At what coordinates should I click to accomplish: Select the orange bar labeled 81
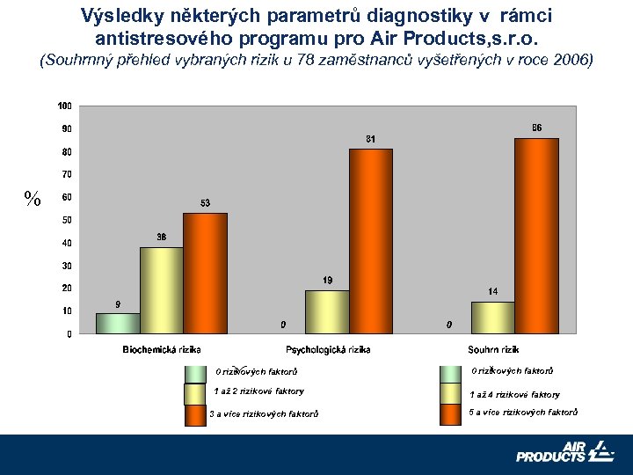(x=370, y=241)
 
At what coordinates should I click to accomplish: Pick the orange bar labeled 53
(x=205, y=273)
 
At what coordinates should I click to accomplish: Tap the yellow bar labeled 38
(x=162, y=290)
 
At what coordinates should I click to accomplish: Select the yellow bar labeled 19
(x=327, y=311)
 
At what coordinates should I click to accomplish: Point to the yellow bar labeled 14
(x=493, y=318)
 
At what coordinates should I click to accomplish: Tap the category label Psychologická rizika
(x=327, y=349)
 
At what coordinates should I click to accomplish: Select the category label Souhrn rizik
(x=493, y=349)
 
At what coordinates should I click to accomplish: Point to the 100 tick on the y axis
(x=65, y=106)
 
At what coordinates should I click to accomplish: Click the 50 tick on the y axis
(x=67, y=220)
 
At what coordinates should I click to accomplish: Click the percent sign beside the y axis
(x=33, y=199)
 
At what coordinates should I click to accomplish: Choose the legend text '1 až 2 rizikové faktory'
(x=259, y=391)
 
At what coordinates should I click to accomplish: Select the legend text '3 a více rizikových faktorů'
(x=264, y=413)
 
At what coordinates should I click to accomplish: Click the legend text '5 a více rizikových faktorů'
(x=524, y=412)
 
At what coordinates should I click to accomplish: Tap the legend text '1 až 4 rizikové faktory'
(x=515, y=394)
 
